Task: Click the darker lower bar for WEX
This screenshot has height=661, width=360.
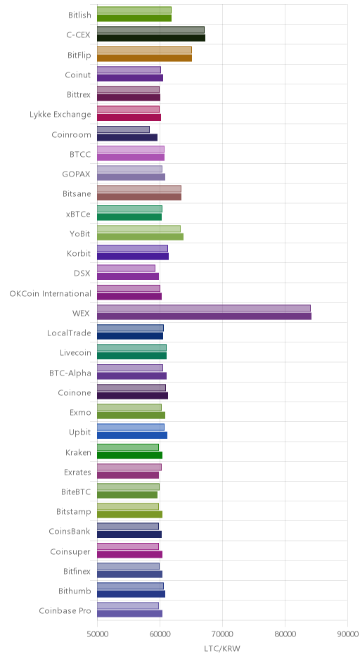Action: [204, 316]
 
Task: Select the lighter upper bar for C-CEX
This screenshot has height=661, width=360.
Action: [151, 30]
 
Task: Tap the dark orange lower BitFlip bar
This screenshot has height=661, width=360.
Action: [145, 58]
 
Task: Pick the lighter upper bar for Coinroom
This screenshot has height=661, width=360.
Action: [124, 129]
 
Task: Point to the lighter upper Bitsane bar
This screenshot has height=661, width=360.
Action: [139, 189]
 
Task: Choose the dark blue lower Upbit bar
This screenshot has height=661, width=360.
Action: [132, 435]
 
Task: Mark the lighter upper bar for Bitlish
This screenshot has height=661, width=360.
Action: [134, 10]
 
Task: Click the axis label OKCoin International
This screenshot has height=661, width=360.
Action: [50, 293]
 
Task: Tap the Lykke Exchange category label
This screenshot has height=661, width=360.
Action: [60, 115]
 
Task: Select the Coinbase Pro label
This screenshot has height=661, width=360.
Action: [65, 611]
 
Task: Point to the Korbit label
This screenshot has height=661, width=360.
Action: [79, 254]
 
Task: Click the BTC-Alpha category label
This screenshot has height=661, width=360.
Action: [70, 373]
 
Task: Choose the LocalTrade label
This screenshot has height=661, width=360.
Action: [69, 333]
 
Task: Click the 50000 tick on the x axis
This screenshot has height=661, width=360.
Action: [97, 634]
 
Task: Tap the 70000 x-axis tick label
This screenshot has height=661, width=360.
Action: [223, 634]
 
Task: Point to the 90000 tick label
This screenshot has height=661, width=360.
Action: [348, 634]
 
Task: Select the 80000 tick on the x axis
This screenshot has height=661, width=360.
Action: [285, 634]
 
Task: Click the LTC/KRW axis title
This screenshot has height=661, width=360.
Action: [222, 649]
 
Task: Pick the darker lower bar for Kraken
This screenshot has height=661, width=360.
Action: [130, 455]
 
